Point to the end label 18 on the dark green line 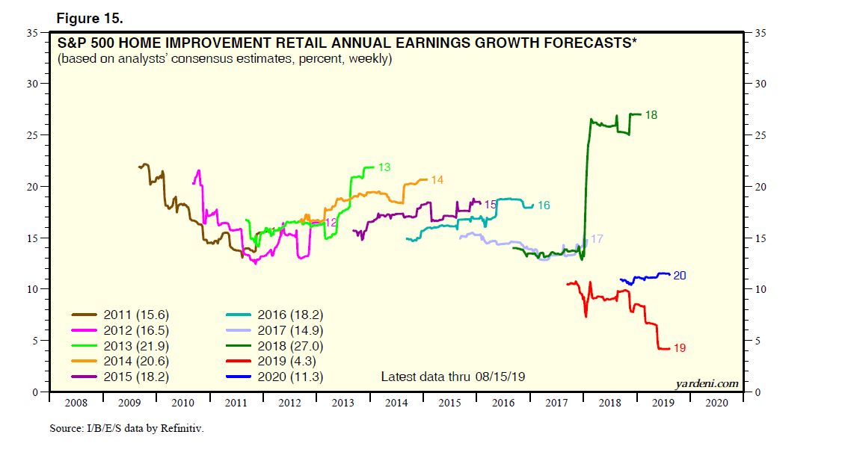[651, 115]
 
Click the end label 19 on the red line [679, 348]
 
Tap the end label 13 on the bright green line [384, 167]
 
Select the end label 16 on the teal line [544, 205]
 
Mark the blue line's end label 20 [680, 276]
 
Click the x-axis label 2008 [76, 403]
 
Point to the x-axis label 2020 [716, 403]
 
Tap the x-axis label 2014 [396, 403]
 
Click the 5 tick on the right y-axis [758, 341]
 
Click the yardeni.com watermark [706, 383]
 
